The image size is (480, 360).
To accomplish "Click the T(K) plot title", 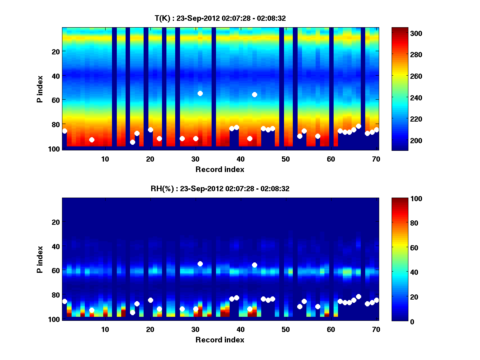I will click(220, 18).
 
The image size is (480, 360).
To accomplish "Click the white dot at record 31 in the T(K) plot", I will click(200, 93).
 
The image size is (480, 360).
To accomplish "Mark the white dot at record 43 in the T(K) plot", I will click(254, 94).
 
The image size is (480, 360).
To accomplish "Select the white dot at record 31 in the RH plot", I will click(200, 264).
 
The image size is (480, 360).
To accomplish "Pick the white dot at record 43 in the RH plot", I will click(254, 265).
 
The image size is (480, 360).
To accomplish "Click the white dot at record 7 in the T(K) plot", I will click(92, 140).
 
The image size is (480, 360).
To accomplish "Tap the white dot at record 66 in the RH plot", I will click(358, 296).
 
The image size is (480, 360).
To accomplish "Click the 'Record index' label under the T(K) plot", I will click(220, 169).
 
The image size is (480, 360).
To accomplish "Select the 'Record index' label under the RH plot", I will click(220, 340).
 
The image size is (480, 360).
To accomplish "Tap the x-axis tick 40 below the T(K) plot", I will click(240, 159).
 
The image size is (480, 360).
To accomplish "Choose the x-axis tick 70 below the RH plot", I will click(376, 329).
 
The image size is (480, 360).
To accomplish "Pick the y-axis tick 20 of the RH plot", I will click(56, 222).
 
